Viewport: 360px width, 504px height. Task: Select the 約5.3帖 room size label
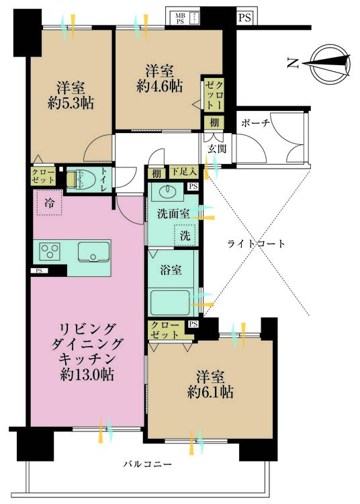pos(71,103)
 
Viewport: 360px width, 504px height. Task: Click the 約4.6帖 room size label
pos(159,86)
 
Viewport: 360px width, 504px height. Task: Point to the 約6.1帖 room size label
pos(210,392)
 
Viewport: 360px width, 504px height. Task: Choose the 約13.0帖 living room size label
pos(87,374)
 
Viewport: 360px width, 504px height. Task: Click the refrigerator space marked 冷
pos(49,202)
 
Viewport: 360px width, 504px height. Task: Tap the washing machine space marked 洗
pos(185,236)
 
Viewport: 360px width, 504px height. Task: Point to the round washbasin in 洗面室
pos(167,192)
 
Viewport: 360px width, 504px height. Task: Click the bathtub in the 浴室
pos(170,302)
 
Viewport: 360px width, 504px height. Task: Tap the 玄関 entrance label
pos(217,149)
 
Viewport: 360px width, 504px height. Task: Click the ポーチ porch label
pos(256,123)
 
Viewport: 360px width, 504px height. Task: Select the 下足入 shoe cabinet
pos(183,171)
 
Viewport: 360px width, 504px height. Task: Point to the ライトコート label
pos(256,244)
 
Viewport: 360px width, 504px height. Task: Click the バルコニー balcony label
pos(148,464)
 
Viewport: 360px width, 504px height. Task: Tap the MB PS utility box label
pos(180,19)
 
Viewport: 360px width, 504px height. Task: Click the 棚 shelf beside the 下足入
pos(156,173)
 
